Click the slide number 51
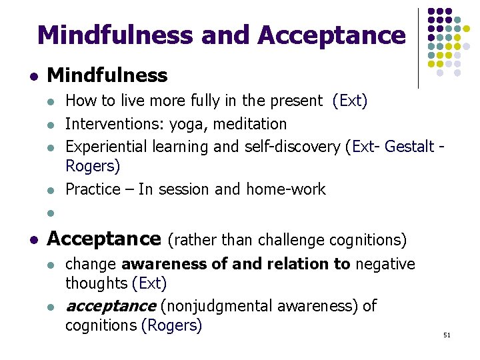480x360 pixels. pyautogui.click(x=447, y=335)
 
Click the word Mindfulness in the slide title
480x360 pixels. pyautogui.click(x=114, y=35)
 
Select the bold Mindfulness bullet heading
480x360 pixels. pyautogui.click(x=107, y=75)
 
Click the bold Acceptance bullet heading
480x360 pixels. pyautogui.click(x=104, y=238)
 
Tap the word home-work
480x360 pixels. pyautogui.click(x=286, y=189)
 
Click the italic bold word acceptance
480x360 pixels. pyautogui.click(x=110, y=306)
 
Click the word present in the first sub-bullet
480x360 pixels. pyautogui.click(x=297, y=101)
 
